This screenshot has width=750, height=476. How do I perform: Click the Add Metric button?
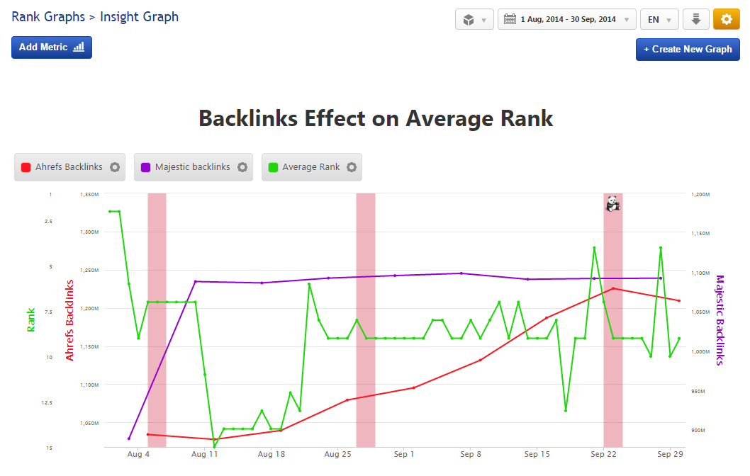52,47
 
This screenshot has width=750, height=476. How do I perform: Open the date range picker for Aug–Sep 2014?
567,19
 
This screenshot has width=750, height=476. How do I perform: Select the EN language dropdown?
659,19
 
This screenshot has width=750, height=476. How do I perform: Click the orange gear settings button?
726,19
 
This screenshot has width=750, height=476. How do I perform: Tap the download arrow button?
695,19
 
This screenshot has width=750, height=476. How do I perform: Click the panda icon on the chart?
613,204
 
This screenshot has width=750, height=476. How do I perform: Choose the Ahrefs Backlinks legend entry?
62,167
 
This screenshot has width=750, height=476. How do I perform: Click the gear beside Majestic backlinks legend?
242,167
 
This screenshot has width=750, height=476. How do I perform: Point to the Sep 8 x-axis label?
471,454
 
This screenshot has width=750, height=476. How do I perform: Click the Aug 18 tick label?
272,454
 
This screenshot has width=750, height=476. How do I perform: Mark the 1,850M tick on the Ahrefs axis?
89,194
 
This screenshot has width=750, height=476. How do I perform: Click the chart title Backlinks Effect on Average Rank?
376,118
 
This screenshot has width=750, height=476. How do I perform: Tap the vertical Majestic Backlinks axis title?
720,320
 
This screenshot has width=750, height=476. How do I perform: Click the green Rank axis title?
31,319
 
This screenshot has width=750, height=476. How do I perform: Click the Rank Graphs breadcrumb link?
47,16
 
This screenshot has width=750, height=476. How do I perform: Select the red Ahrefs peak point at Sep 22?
613,288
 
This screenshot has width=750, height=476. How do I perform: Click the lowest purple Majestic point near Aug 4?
129,438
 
